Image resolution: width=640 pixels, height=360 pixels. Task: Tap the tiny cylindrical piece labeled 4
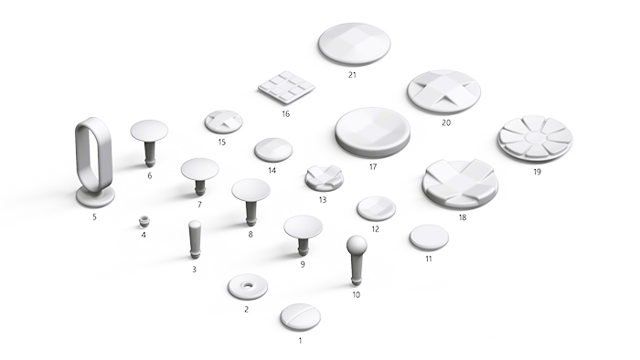pyautogui.click(x=144, y=220)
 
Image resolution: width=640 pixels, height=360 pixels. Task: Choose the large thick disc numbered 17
pyautogui.click(x=371, y=132)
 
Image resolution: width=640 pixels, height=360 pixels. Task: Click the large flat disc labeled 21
pyautogui.click(x=354, y=44)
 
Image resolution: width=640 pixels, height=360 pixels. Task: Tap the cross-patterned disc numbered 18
pyautogui.click(x=459, y=184)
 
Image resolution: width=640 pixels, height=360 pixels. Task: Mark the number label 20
pyautogui.click(x=446, y=122)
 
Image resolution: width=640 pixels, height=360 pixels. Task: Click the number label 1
pyautogui.click(x=301, y=340)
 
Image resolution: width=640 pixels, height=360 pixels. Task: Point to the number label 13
pyautogui.click(x=322, y=199)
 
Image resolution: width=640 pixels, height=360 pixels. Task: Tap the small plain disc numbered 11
pyautogui.click(x=429, y=237)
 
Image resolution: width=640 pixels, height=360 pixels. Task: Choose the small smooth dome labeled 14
pyautogui.click(x=273, y=149)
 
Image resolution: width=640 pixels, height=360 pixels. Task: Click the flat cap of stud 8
pyautogui.click(x=251, y=190)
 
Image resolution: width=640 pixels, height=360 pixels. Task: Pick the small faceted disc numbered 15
pyautogui.click(x=223, y=121)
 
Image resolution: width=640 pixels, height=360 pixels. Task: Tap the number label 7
pyautogui.click(x=199, y=205)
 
